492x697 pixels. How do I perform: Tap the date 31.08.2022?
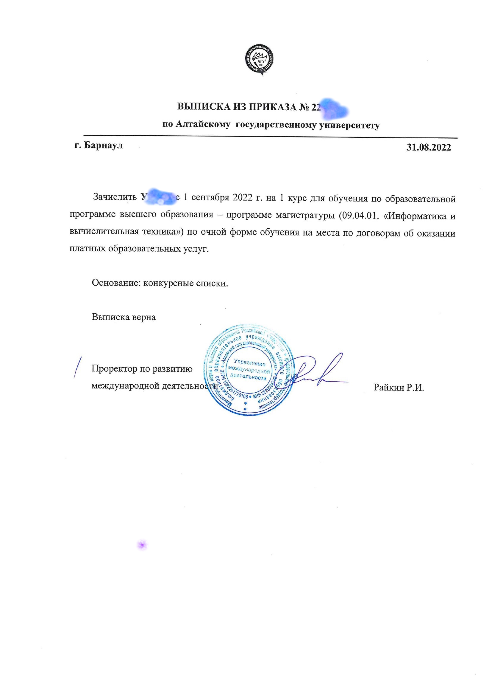coord(428,148)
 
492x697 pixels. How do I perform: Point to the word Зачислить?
coord(115,197)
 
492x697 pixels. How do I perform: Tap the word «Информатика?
coord(415,216)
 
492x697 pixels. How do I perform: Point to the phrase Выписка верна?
coord(124,317)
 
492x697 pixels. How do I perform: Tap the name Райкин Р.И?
coord(398,387)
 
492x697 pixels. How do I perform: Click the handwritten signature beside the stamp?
coord(315,372)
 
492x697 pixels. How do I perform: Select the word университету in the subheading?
coord(349,126)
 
